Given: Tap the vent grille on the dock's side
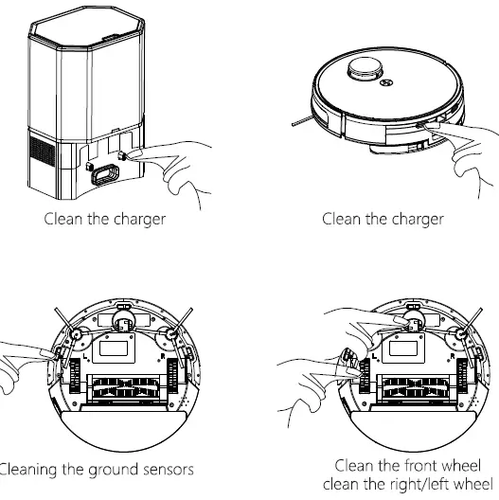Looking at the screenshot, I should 40,155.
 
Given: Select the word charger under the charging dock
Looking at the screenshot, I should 136,220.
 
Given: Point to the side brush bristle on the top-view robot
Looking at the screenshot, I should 301,121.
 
